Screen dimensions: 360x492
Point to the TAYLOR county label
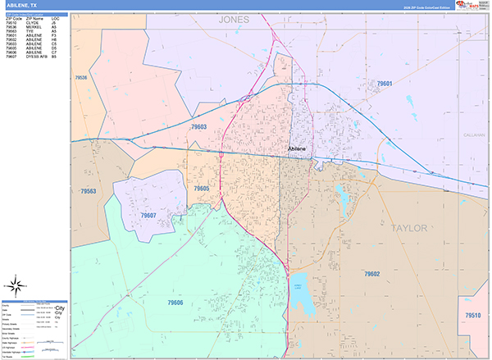pyautogui.click(x=410, y=227)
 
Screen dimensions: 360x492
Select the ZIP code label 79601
pyautogui.click(x=385, y=84)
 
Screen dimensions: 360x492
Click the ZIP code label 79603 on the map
pyautogui.click(x=199, y=127)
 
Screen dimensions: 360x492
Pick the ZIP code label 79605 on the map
pyautogui.click(x=202, y=189)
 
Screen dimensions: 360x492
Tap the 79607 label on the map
pyautogui.click(x=148, y=215)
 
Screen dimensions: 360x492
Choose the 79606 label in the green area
pyautogui.click(x=199, y=303)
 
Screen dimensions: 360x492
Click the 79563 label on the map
pyautogui.click(x=89, y=191)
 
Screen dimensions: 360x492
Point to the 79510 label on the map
pyautogui.click(x=473, y=314)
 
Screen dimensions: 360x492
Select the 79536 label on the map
pyautogui.click(x=80, y=78)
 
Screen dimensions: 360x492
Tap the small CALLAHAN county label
pyautogui.click(x=475, y=134)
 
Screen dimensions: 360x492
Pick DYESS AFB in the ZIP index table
pyautogui.click(x=38, y=57)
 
